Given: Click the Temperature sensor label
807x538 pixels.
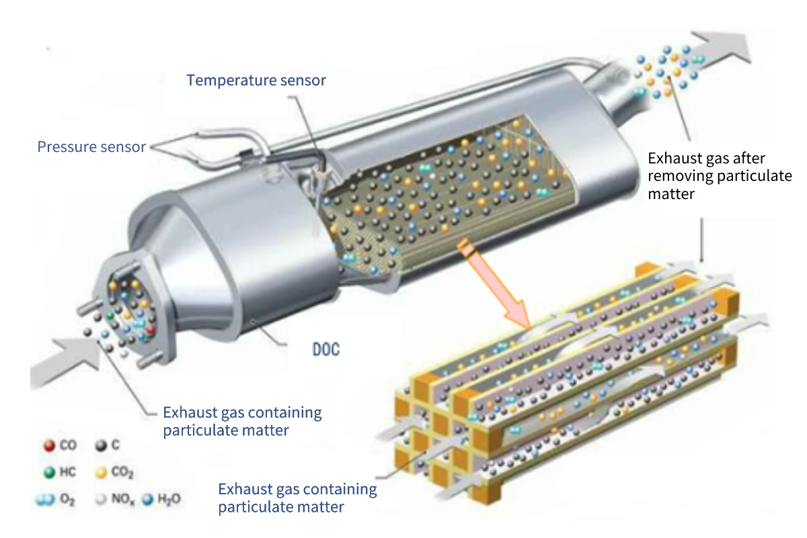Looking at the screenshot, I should click(256, 81).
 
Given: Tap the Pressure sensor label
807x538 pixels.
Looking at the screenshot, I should click(91, 147).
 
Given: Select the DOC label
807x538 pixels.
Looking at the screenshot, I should click(325, 350).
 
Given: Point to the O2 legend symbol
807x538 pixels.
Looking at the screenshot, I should click(44, 500).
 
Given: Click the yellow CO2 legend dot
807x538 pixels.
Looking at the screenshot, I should click(102, 473).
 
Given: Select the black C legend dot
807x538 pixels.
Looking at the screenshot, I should click(102, 446).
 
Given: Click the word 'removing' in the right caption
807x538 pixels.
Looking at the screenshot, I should click(680, 177).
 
